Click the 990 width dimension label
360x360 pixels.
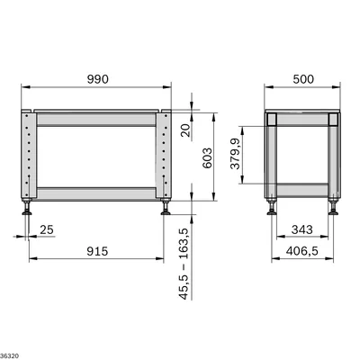98,79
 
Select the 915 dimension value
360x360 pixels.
97,251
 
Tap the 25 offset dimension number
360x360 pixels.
47,229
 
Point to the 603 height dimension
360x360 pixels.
207,157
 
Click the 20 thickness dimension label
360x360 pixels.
186,130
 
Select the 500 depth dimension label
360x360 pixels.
303,79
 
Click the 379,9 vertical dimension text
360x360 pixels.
235,154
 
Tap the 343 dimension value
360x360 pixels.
302,229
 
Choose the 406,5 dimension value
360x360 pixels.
302,251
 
